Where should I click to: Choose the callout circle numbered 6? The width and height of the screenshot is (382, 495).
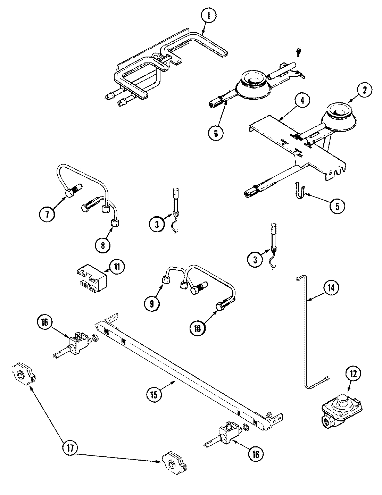coord(216,133)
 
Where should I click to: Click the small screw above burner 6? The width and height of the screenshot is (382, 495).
coord(298,51)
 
